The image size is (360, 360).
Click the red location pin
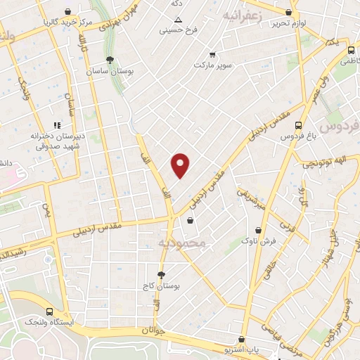[181, 165]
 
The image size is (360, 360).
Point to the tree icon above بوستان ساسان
[110, 60]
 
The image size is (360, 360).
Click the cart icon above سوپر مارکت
[212, 54]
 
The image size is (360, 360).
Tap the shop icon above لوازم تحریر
[289, 12]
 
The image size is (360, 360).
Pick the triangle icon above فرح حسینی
[178, 19]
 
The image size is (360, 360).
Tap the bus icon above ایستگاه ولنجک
[49, 311]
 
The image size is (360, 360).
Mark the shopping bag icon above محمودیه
[190, 221]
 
